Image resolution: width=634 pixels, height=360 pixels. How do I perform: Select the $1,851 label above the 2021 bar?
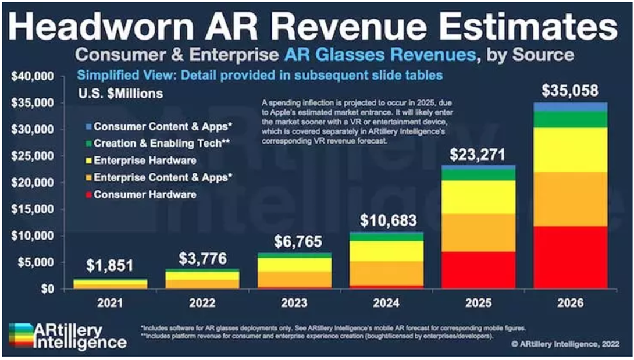tap(110, 266)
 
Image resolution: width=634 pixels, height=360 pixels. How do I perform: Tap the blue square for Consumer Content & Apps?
tap(87, 126)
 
